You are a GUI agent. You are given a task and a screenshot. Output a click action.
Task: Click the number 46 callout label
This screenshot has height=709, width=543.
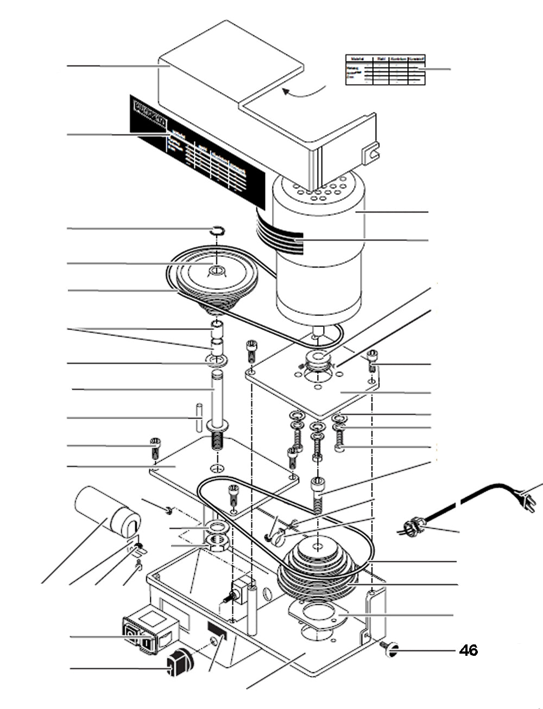tap(469, 650)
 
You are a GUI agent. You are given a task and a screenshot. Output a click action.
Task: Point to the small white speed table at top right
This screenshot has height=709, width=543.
tap(385, 69)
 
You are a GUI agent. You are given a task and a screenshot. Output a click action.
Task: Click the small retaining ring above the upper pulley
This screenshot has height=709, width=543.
tap(217, 230)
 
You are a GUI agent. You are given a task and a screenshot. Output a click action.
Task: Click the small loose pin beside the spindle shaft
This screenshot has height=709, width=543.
tap(199, 417)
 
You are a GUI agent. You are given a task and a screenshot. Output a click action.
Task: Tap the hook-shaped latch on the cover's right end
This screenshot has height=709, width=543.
tap(371, 152)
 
